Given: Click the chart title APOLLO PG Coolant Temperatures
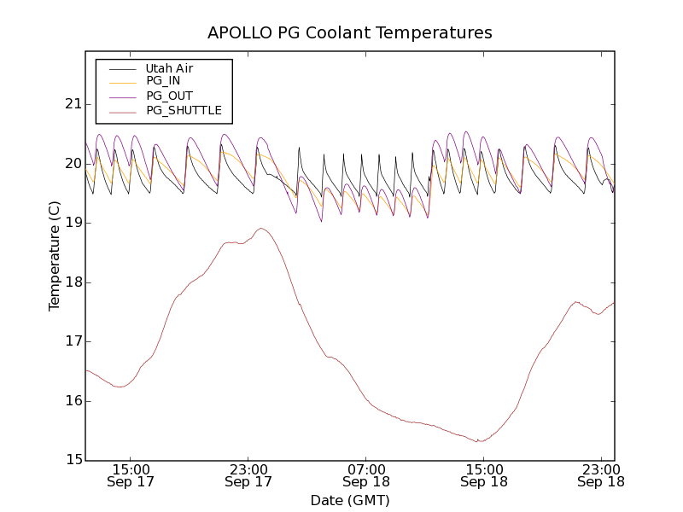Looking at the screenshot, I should (x=350, y=33).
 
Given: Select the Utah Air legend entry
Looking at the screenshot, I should (x=169, y=68).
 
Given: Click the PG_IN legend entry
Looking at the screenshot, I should (x=163, y=80).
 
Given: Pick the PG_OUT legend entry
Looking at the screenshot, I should (x=169, y=96).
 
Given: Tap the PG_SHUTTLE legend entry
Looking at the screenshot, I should (x=184, y=110).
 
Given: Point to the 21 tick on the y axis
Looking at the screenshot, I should (x=72, y=104).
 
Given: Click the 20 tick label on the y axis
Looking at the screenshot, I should (x=72, y=164).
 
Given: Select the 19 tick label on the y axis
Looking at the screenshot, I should (x=72, y=223).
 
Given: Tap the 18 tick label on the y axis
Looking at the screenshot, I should (x=72, y=282).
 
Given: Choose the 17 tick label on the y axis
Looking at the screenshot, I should (x=72, y=341).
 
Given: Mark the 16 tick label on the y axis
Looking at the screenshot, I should (x=72, y=401).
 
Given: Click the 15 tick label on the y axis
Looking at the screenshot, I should (x=72, y=460).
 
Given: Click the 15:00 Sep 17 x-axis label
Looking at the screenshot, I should (x=131, y=475).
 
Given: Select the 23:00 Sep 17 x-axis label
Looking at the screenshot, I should (x=248, y=475).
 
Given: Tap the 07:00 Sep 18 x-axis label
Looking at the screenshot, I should (x=365, y=475).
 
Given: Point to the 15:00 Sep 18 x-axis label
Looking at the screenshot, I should (x=483, y=475).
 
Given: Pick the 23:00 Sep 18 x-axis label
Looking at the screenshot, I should (x=601, y=475).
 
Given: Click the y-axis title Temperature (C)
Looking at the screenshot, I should (x=55, y=256).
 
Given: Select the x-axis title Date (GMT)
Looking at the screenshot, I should (x=350, y=500).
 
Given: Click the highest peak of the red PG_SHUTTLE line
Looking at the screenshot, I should (x=261, y=229).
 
